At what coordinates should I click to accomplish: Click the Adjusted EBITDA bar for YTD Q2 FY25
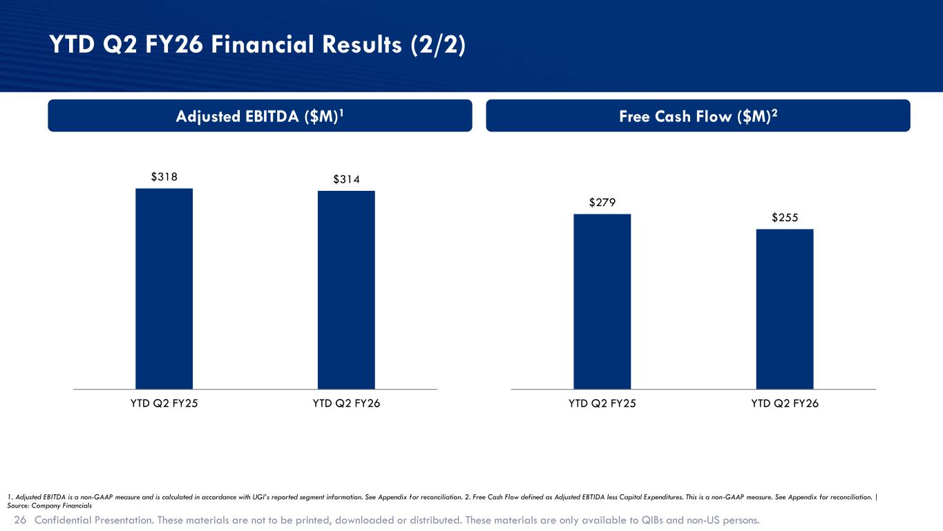tap(164, 289)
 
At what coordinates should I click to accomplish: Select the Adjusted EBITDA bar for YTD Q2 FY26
tap(346, 290)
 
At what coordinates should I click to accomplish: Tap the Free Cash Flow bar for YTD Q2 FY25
tap(602, 301)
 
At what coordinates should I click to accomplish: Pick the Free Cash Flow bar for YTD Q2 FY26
tap(785, 309)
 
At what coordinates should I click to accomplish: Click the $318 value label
tap(164, 176)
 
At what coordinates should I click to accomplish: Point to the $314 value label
tap(347, 179)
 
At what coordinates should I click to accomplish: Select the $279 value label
tap(602, 203)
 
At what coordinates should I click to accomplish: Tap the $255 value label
tap(785, 218)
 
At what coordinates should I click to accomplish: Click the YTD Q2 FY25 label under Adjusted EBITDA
tap(164, 403)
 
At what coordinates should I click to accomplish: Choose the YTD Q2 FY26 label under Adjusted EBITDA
tap(347, 403)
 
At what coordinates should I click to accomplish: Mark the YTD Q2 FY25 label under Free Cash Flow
tap(602, 403)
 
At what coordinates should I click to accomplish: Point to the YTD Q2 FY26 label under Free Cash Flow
tap(785, 403)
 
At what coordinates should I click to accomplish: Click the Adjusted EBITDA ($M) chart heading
tap(260, 116)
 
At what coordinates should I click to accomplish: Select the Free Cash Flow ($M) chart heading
tap(698, 116)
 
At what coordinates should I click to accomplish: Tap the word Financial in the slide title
tap(263, 44)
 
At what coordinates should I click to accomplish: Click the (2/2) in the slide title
tap(438, 45)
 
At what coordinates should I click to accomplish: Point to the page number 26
tap(20, 520)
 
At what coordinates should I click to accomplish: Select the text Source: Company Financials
tap(49, 505)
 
